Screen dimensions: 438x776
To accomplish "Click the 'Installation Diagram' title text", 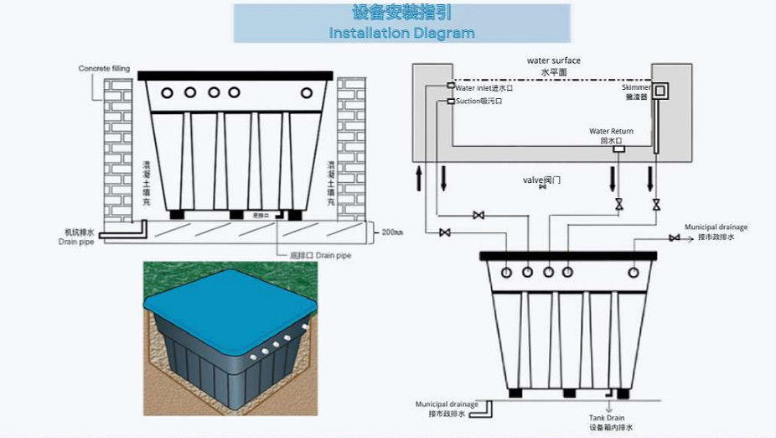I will coord(401,34).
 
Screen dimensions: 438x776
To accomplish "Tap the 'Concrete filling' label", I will coord(101,68).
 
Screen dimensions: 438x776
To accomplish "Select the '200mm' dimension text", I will coord(393,231).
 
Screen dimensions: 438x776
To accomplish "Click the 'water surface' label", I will coord(553,61).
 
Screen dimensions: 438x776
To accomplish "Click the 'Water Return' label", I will coord(611,132).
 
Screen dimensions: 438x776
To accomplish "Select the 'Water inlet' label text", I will coord(484,87).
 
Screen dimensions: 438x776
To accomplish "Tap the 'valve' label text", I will coord(541,180).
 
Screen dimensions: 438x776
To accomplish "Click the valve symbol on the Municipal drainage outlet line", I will coord(674,238).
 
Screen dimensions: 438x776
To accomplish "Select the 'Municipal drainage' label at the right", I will coord(716,227).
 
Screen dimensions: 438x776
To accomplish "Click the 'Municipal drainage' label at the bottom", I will coord(447,404).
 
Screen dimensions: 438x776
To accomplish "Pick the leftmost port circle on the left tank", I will coord(167,91).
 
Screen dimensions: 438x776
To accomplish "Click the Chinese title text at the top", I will coord(401,13).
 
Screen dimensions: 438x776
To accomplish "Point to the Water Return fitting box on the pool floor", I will coord(618,149).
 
